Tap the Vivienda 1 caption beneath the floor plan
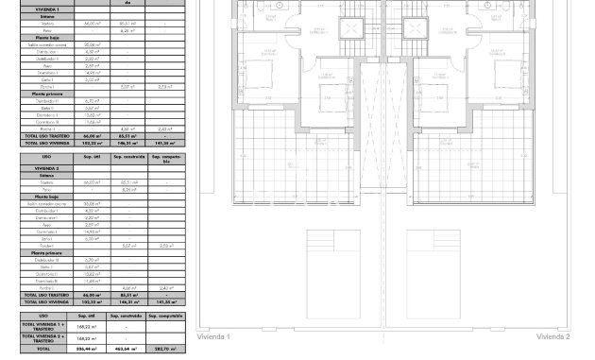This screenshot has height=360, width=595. (212, 336)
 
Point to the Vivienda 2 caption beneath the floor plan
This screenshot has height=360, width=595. (553, 336)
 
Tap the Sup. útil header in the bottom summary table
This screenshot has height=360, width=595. (86, 316)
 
